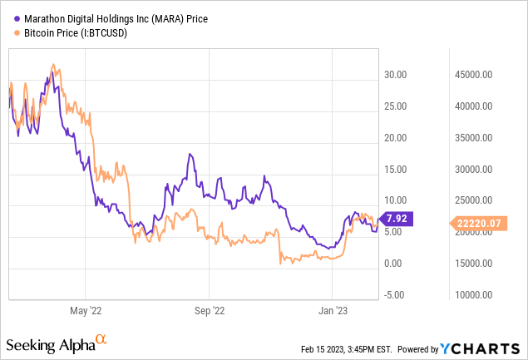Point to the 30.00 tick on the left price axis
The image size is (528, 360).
(x=396, y=74)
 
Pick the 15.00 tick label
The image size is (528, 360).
(x=396, y=169)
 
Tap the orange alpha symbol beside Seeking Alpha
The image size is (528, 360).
(x=101, y=339)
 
